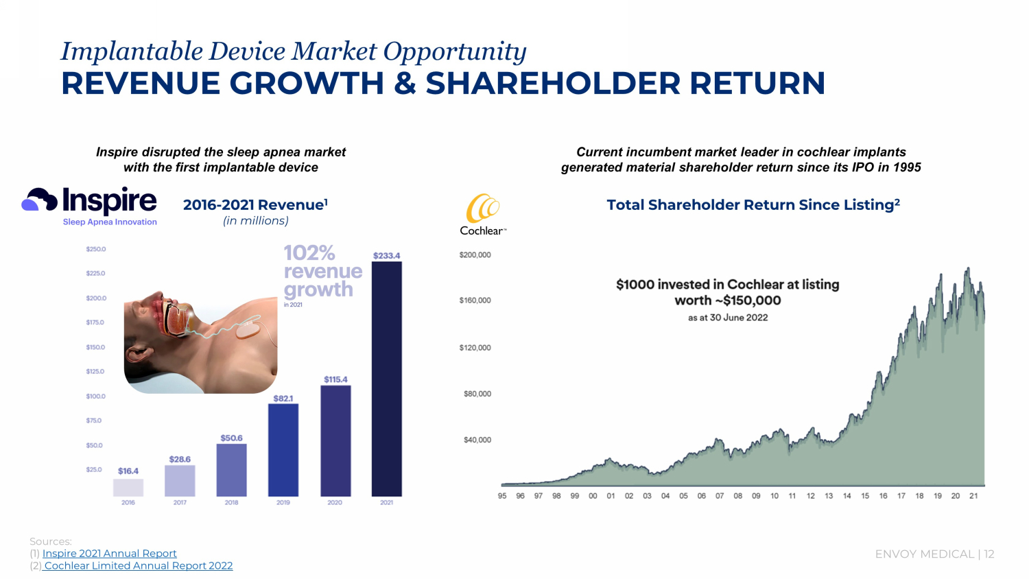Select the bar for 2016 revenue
[x=128, y=487]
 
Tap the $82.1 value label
[x=283, y=399]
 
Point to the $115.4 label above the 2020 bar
[x=335, y=379]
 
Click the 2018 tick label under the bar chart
[x=231, y=503]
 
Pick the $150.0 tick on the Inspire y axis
[x=95, y=347]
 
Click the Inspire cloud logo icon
[x=39, y=200]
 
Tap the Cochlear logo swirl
[x=482, y=209]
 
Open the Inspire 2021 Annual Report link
[x=109, y=554]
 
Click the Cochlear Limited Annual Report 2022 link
[x=138, y=566]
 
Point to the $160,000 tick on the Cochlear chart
[x=475, y=300]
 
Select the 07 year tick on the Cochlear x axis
[x=720, y=496]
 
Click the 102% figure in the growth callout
[x=309, y=253]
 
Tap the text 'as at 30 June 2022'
[x=728, y=318]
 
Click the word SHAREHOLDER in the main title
[x=553, y=84]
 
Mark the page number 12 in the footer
[x=989, y=554]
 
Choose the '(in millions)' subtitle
[x=256, y=221]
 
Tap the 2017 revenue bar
[x=180, y=481]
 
